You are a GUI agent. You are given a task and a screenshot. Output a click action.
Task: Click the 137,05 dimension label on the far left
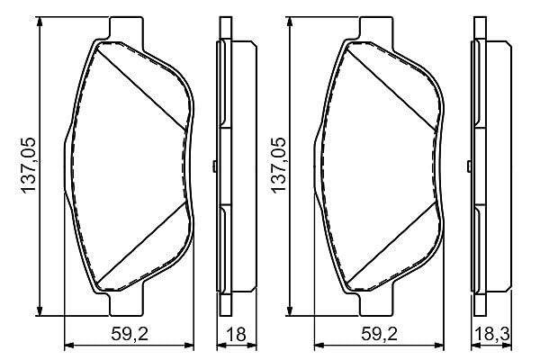coord(29,166)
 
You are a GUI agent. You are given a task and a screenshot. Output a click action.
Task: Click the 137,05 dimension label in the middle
coord(279,166)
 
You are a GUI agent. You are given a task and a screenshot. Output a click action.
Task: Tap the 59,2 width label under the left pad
coord(130,334)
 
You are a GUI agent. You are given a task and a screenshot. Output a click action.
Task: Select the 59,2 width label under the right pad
coord(379,334)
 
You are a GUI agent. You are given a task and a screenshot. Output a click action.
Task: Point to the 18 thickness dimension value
coord(237,334)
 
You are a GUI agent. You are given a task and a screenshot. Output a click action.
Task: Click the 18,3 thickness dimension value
coord(491,334)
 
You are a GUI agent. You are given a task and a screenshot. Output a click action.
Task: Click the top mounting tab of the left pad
coord(126,28)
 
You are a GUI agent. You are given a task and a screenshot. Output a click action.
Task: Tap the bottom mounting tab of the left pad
coord(126,304)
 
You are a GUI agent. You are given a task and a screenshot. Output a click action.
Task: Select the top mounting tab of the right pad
coord(376,28)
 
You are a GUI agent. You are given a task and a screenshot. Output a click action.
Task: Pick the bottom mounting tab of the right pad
coord(376,304)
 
